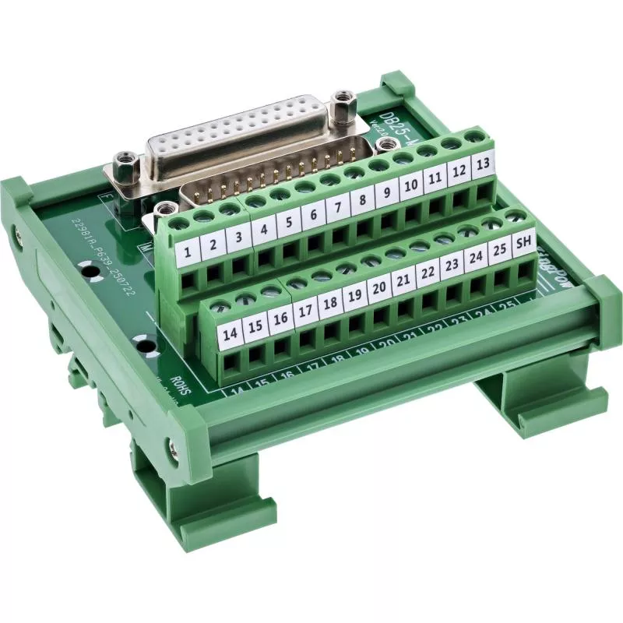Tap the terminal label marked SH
(x=523, y=244)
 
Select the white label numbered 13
(x=483, y=164)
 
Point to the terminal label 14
(x=230, y=334)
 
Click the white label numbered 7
(x=338, y=209)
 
